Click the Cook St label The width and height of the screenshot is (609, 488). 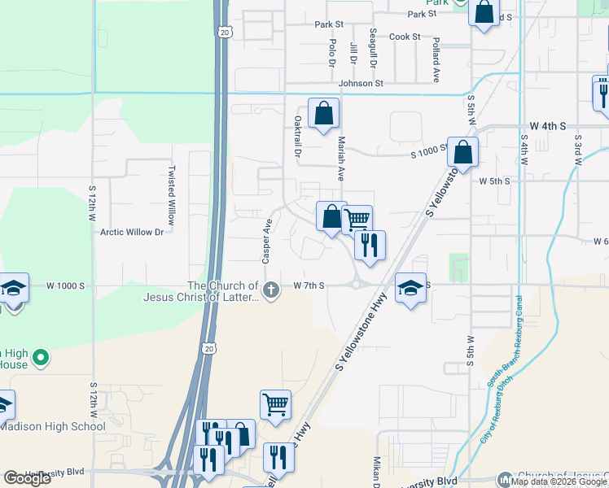(x=405, y=37)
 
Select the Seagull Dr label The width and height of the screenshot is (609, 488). (x=373, y=48)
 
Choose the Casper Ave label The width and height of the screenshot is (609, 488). (x=266, y=241)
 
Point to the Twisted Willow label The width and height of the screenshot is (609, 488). (x=171, y=195)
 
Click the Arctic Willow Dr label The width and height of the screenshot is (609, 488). (x=132, y=232)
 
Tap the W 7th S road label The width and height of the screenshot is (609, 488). (x=309, y=285)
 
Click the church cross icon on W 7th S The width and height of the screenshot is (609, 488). (x=272, y=288)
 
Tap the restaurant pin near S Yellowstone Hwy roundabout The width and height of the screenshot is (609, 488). (x=370, y=245)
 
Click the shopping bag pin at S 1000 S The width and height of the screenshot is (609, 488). (x=462, y=152)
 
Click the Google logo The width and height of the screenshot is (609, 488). (x=27, y=478)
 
